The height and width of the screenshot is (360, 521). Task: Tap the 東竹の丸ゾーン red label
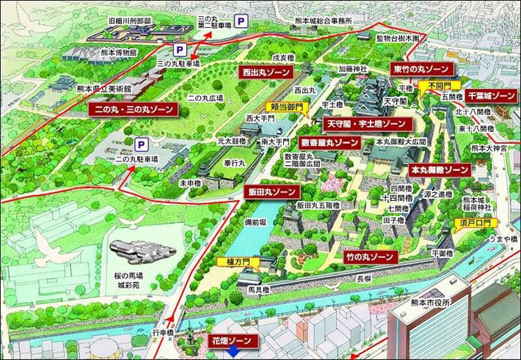[x=419, y=68]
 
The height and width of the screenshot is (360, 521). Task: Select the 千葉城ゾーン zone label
[x=492, y=96]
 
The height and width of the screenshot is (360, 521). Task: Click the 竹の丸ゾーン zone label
[x=370, y=258]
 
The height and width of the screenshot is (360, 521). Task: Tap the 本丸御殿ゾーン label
[x=439, y=169]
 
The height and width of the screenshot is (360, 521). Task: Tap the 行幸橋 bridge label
[x=163, y=332]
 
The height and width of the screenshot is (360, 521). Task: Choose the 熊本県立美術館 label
[x=104, y=88]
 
